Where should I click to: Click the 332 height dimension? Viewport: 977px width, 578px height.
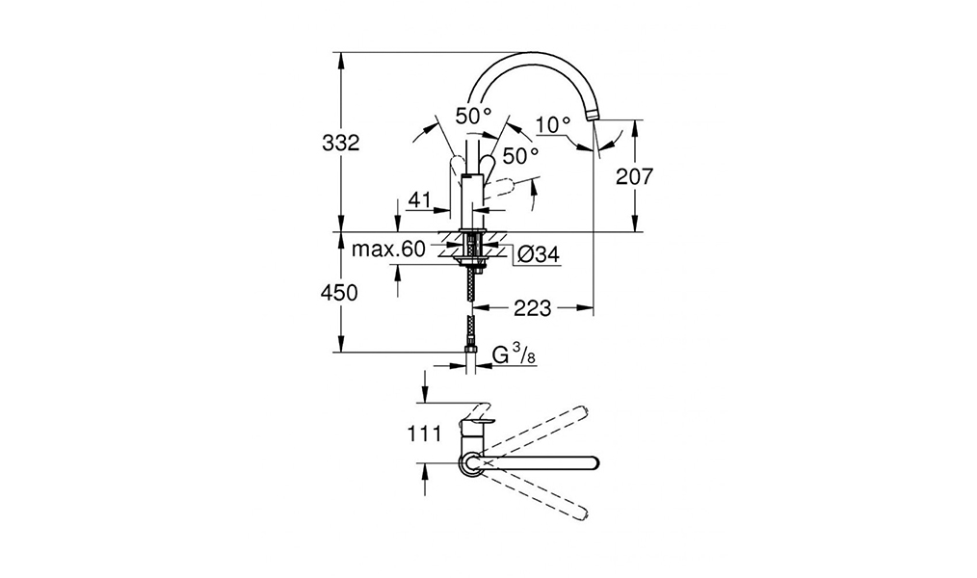(x=341, y=144)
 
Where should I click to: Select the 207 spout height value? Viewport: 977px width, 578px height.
(x=634, y=177)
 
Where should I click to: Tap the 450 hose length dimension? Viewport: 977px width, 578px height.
(x=339, y=292)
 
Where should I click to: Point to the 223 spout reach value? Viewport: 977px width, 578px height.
(x=533, y=307)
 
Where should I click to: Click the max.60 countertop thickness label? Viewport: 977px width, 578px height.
(x=388, y=250)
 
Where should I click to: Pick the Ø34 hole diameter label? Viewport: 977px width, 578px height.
(x=539, y=254)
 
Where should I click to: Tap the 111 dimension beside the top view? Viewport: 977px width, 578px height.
(x=425, y=433)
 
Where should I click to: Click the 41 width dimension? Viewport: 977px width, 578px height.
(x=419, y=200)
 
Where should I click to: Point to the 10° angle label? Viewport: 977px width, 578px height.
(x=553, y=125)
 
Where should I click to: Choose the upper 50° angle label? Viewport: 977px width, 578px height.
(x=473, y=116)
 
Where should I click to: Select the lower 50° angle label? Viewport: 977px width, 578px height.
(x=521, y=156)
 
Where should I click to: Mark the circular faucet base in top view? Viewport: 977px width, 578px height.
(x=470, y=463)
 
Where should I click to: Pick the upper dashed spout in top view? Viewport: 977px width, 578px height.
(x=535, y=432)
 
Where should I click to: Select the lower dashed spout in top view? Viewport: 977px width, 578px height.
(x=535, y=495)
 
